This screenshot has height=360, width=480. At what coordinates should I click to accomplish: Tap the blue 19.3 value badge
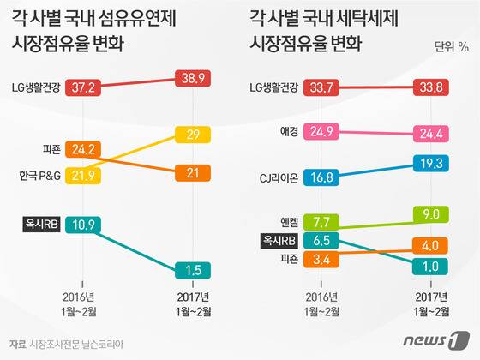click(x=439, y=161)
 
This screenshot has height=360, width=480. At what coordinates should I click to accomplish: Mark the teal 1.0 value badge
click(x=439, y=266)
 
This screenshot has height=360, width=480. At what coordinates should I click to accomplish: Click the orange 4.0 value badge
click(x=439, y=245)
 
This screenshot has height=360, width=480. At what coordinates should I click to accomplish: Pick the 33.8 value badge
click(x=439, y=86)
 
